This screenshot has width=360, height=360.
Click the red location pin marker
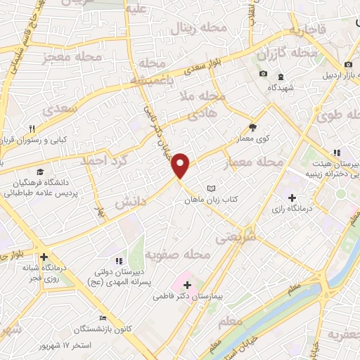coord(181,165)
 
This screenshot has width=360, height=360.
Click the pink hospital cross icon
coord(187,284)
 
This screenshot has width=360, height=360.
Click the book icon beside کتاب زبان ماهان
coord(212,188)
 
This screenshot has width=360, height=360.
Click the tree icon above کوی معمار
coord(252,128)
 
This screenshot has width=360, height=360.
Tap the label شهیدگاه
coord(281,87)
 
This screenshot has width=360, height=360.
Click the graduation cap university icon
coord(41,172)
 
